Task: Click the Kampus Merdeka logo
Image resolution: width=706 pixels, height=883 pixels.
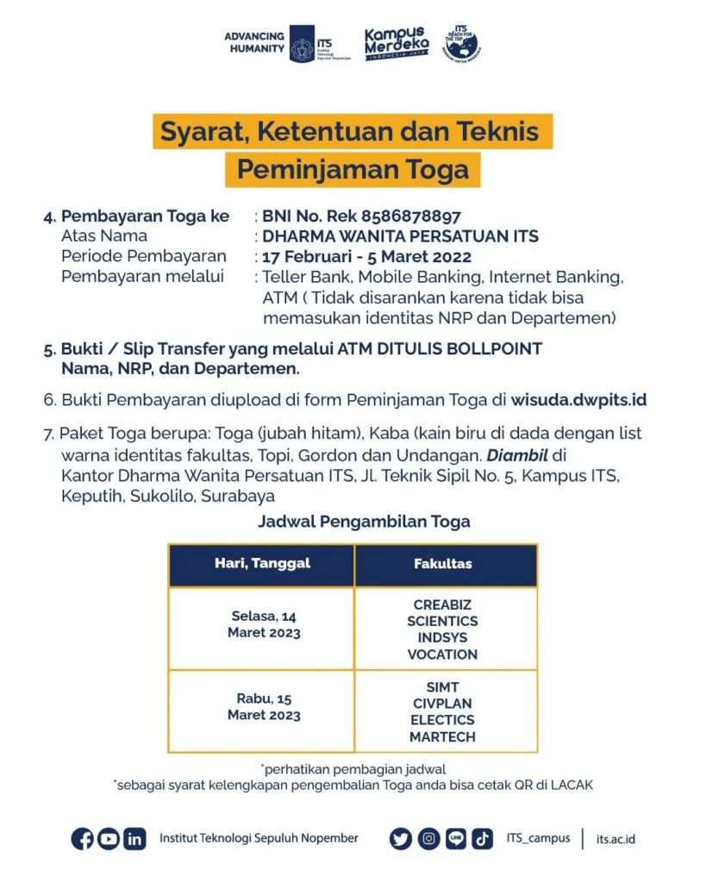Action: (x=396, y=42)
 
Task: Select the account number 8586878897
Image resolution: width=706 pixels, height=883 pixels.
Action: (x=411, y=216)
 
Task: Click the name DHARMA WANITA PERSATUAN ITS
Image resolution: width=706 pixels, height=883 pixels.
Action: (x=400, y=236)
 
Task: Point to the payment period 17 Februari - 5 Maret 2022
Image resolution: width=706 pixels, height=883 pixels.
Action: (x=366, y=256)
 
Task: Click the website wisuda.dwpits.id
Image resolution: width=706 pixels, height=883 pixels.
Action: (x=578, y=399)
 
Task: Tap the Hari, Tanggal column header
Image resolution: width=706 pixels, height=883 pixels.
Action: (x=262, y=564)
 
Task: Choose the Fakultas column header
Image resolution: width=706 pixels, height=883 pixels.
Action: (x=443, y=564)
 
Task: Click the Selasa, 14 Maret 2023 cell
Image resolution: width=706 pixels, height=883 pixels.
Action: (x=264, y=624)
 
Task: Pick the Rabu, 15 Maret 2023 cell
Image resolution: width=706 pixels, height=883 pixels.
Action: (x=264, y=707)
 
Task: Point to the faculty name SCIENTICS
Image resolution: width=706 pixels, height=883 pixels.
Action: (x=442, y=621)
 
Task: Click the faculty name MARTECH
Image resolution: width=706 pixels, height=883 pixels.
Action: (x=442, y=736)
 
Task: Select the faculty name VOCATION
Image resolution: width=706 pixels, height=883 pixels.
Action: (x=442, y=654)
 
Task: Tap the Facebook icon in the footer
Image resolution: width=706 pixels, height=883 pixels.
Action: (x=83, y=838)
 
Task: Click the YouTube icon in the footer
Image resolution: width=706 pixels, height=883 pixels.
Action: (x=109, y=838)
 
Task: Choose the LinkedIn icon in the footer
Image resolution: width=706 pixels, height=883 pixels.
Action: (x=134, y=838)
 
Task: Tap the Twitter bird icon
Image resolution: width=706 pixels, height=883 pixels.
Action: (x=401, y=838)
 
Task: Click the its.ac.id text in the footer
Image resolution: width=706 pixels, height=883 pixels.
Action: (x=615, y=839)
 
